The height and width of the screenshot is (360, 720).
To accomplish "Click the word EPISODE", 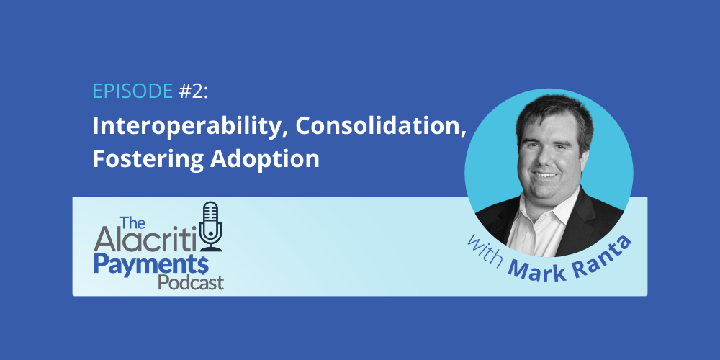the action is click(x=132, y=92).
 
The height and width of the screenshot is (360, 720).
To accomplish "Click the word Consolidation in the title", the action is click(x=379, y=126).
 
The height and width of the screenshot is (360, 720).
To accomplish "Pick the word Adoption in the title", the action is click(x=265, y=159).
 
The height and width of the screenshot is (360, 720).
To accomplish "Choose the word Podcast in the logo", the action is click(x=191, y=282).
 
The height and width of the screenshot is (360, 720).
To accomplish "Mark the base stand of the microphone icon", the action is click(x=212, y=249).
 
